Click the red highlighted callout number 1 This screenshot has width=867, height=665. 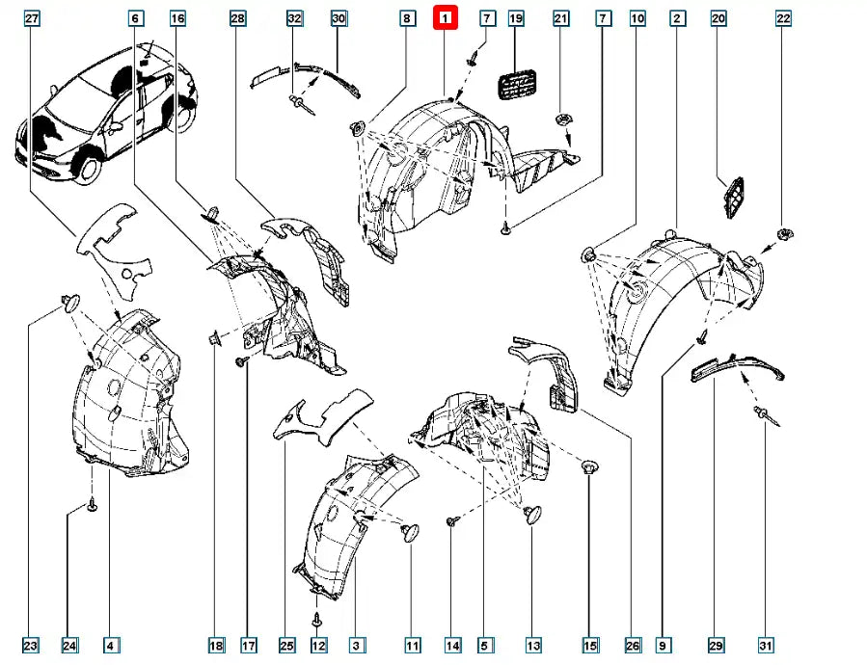coord(446,18)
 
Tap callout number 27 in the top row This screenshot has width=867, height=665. coord(32,18)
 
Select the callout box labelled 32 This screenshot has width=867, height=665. coord(295,18)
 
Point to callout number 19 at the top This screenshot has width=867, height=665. coord(515,18)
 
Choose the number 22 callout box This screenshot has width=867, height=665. coord(783,18)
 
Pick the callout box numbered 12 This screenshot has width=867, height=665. coord(319,645)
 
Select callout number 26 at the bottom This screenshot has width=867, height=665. coord(632,645)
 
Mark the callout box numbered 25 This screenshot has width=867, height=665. coord(286,645)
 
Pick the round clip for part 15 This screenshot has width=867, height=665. coord(588,468)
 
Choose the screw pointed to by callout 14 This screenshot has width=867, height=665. coord(451,521)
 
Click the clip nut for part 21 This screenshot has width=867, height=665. coord(561,120)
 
